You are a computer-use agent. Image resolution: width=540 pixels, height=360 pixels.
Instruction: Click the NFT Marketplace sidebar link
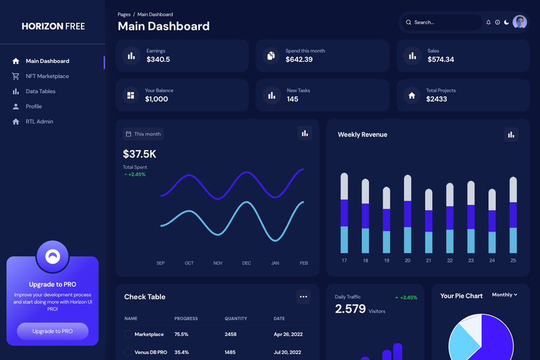(x=47, y=76)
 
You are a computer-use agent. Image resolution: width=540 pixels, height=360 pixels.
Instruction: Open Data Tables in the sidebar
(x=40, y=91)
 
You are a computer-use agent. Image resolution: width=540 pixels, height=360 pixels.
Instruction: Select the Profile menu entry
(x=33, y=107)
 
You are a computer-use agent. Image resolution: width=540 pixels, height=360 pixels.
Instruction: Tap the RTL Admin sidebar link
(x=39, y=122)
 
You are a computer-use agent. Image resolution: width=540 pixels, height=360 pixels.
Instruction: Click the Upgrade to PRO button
(x=53, y=331)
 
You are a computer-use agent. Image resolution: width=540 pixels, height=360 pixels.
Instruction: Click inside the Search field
(x=442, y=22)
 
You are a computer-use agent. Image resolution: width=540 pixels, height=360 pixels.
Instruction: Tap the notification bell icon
(x=488, y=22)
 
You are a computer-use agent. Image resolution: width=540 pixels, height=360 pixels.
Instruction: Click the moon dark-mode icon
(x=507, y=22)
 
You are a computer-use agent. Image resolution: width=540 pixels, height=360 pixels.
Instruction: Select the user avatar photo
(x=520, y=22)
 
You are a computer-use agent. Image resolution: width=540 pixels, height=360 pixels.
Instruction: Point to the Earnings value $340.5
(x=158, y=59)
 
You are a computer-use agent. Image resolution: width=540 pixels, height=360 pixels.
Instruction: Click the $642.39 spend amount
(x=299, y=59)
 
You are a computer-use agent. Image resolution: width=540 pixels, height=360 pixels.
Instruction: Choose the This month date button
(x=143, y=134)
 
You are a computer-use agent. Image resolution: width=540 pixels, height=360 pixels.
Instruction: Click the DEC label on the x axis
(x=246, y=263)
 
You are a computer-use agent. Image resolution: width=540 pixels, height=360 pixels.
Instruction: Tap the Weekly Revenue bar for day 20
(x=408, y=214)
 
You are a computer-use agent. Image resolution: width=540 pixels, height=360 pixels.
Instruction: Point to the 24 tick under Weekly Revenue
(x=492, y=261)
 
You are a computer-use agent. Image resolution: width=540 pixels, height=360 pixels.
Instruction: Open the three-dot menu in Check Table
(x=303, y=297)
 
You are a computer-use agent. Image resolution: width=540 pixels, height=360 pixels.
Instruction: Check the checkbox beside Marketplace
(x=128, y=334)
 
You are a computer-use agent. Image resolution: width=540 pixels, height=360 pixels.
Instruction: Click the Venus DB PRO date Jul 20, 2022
(x=288, y=352)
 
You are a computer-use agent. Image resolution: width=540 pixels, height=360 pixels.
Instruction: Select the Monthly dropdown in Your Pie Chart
(x=504, y=295)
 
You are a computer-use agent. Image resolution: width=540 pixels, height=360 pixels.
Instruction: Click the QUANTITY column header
(x=236, y=319)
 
